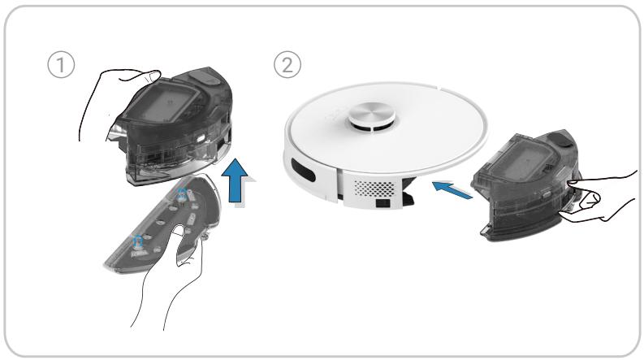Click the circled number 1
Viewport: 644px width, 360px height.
pos(61,65)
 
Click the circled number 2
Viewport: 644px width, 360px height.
pos(287,65)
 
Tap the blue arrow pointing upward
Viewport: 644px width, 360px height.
pos(235,181)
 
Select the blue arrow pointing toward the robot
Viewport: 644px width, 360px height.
pos(452,190)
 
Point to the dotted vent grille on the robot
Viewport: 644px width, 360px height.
pos(374,188)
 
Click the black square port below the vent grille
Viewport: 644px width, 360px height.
pos(383,202)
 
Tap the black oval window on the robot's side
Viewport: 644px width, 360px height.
pos(303,170)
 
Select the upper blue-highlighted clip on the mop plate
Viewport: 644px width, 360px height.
pos(182,195)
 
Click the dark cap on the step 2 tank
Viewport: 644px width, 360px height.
pos(564,139)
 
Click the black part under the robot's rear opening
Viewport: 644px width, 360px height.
pos(408,193)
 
